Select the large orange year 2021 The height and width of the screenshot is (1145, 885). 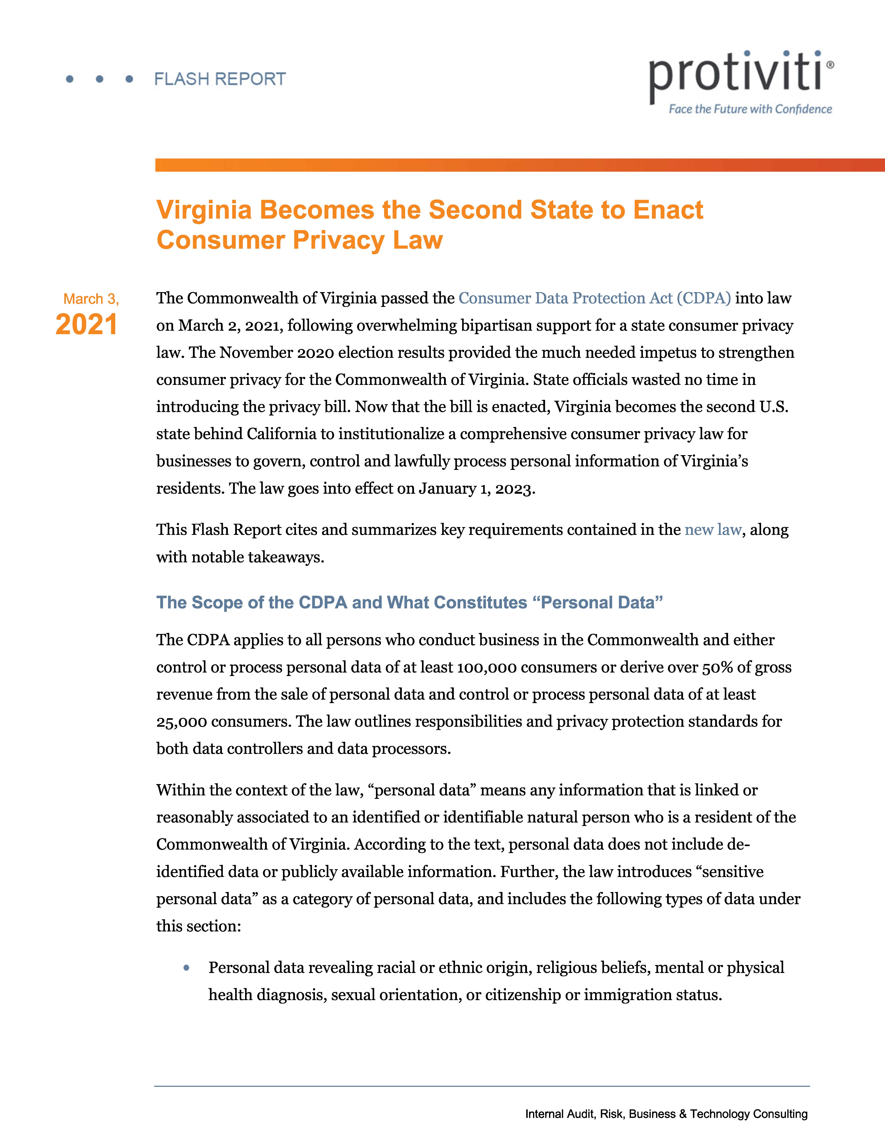(x=87, y=324)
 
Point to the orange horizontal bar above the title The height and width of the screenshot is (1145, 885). (x=519, y=165)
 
